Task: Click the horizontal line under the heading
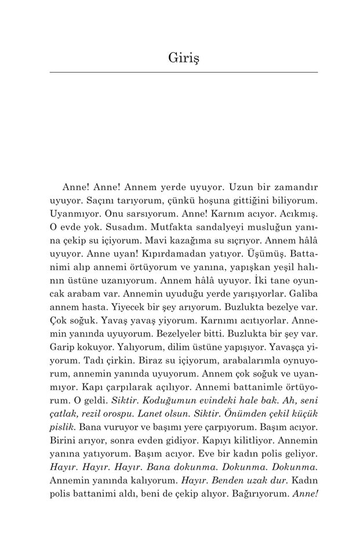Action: pyautogui.click(x=184, y=72)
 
